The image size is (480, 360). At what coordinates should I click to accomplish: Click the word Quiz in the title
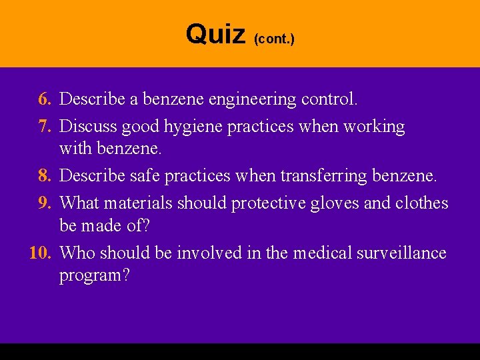click(x=215, y=33)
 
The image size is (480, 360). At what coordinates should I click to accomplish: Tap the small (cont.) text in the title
click(x=274, y=39)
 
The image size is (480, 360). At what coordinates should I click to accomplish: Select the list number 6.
click(x=45, y=100)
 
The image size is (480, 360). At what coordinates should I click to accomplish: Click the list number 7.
click(x=45, y=126)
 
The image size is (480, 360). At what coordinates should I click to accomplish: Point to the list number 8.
click(x=45, y=177)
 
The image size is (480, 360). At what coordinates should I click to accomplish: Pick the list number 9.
click(x=45, y=202)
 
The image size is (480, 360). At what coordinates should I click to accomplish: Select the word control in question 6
click(x=329, y=100)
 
